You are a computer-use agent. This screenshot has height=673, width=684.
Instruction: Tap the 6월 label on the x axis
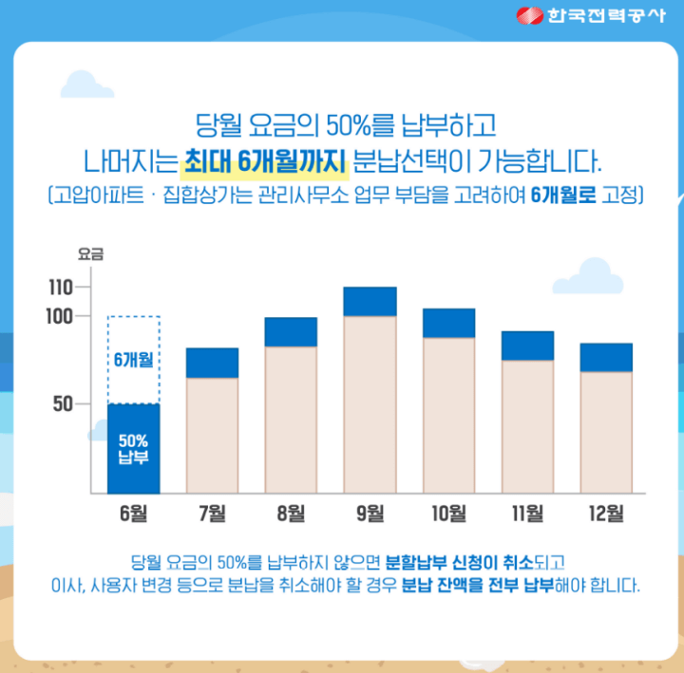coord(133,515)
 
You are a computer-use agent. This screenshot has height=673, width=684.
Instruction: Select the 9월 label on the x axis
coord(370,515)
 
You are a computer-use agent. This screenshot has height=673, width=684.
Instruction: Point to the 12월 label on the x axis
coord(606,515)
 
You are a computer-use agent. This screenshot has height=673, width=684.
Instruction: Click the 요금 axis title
coord(90,253)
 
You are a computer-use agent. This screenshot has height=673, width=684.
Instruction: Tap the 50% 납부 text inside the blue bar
coord(133,448)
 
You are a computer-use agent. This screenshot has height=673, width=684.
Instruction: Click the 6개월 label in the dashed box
coord(133,360)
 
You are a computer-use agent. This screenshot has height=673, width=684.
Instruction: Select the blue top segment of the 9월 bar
coord(370,301)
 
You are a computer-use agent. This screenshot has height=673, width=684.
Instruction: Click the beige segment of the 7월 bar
coord(212,435)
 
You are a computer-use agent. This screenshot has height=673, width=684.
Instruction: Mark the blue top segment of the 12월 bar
coord(606,357)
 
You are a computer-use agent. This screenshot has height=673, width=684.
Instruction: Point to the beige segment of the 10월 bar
coord(448,415)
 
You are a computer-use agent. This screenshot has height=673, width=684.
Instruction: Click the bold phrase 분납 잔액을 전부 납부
coord(476,584)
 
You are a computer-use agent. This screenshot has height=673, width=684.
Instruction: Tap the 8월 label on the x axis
coord(291,515)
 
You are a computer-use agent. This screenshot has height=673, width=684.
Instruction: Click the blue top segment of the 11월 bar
coord(527,346)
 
